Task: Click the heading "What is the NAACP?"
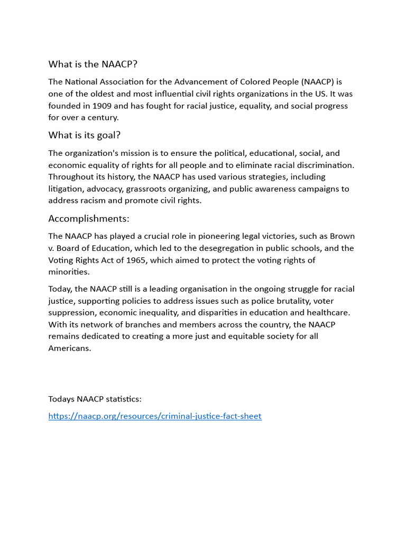coord(93,64)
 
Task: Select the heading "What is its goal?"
coord(85,135)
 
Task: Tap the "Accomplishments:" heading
coord(89,219)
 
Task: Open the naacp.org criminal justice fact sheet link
coord(155,416)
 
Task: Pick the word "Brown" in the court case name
coord(342,236)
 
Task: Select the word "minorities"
coord(69,272)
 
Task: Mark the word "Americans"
coord(70,348)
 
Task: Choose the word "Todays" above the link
coord(61,399)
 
